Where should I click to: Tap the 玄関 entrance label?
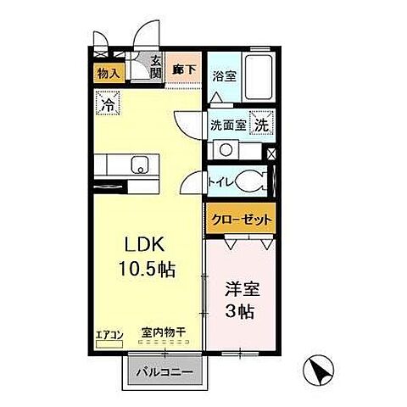point(156,67)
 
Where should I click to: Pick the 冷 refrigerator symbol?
point(109,106)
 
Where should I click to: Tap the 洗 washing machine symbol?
point(265,123)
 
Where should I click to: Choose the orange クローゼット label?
point(242,220)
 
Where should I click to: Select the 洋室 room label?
point(242,287)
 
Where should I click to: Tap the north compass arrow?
point(318,370)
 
